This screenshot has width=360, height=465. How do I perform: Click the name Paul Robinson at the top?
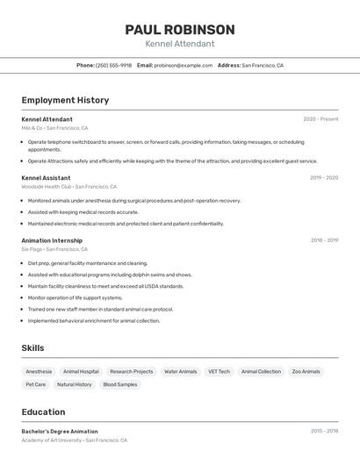point(180,30)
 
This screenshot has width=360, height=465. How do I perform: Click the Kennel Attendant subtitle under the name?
point(180,44)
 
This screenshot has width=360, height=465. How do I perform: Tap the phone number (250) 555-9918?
point(113,65)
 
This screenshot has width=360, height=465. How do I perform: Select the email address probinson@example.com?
point(184,65)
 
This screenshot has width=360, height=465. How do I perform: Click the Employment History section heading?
point(65,100)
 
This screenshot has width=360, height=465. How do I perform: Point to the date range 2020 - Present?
point(320,119)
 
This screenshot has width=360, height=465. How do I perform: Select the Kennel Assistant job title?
point(47,177)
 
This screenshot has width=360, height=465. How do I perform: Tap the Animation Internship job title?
point(52,240)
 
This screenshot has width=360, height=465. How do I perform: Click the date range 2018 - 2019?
point(324,240)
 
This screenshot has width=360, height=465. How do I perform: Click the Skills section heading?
point(32,348)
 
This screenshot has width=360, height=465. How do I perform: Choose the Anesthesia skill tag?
point(39,371)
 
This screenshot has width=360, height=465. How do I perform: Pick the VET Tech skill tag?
point(219,371)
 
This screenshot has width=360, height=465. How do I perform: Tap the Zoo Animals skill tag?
point(306,371)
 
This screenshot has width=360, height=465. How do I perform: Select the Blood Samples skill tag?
point(120,384)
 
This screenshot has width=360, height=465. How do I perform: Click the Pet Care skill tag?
point(36,384)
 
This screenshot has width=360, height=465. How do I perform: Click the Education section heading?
point(43,411)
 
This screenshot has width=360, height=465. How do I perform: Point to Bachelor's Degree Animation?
point(60,432)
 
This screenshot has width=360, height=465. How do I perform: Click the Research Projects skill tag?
point(132,371)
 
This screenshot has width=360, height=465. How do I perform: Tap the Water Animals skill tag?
point(181,371)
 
